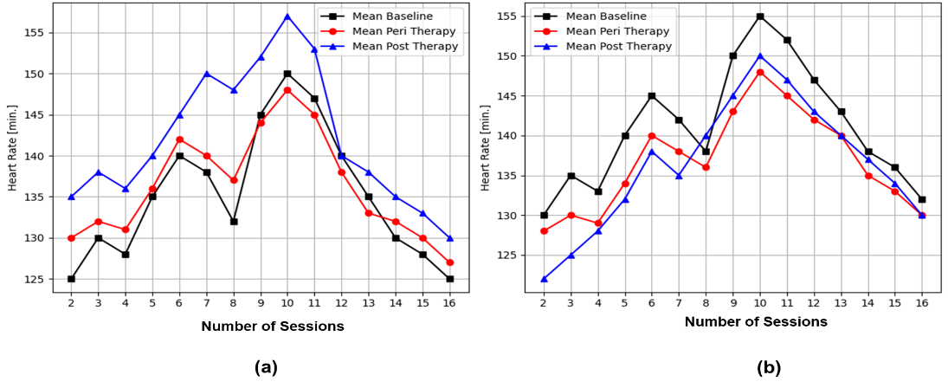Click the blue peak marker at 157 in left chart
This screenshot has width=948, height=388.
(x=287, y=16)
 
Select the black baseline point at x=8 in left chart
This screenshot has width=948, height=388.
(x=234, y=222)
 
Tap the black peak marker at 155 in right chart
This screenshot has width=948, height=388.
(x=760, y=16)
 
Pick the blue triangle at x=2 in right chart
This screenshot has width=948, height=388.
(x=544, y=279)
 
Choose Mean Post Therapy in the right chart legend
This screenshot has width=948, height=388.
(x=617, y=46)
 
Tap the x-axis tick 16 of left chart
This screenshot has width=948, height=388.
(x=449, y=303)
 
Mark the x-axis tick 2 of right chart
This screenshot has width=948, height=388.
(x=544, y=303)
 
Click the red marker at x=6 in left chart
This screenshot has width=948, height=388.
(x=179, y=139)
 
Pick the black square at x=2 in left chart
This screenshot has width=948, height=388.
(x=71, y=279)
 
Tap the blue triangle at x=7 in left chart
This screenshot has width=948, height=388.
(x=206, y=74)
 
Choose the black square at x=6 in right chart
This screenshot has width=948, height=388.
(x=652, y=96)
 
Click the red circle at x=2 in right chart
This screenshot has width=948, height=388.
(x=544, y=231)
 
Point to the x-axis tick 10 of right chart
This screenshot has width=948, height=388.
(x=760, y=303)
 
